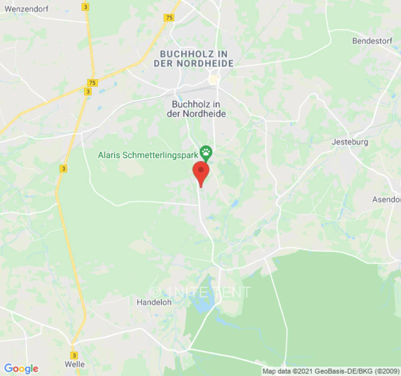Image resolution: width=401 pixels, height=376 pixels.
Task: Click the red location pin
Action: [x=201, y=171]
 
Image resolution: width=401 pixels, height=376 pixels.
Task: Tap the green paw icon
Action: [x=206, y=152]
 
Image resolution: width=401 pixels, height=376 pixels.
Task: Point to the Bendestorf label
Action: [x=372, y=41]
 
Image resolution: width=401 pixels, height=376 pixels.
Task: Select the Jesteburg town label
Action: [x=349, y=142]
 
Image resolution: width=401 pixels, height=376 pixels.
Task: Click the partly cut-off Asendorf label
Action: [x=386, y=199]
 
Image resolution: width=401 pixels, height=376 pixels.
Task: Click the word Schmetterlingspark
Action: [x=159, y=155]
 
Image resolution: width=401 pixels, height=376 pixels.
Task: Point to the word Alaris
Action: [x=108, y=155]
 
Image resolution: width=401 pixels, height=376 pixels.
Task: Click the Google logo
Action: [x=21, y=368]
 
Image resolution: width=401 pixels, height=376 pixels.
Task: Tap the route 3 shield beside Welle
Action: [x=74, y=355]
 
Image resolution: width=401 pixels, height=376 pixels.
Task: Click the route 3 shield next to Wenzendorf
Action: [x=85, y=7]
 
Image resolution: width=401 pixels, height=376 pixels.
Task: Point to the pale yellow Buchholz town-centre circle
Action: [x=214, y=78]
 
